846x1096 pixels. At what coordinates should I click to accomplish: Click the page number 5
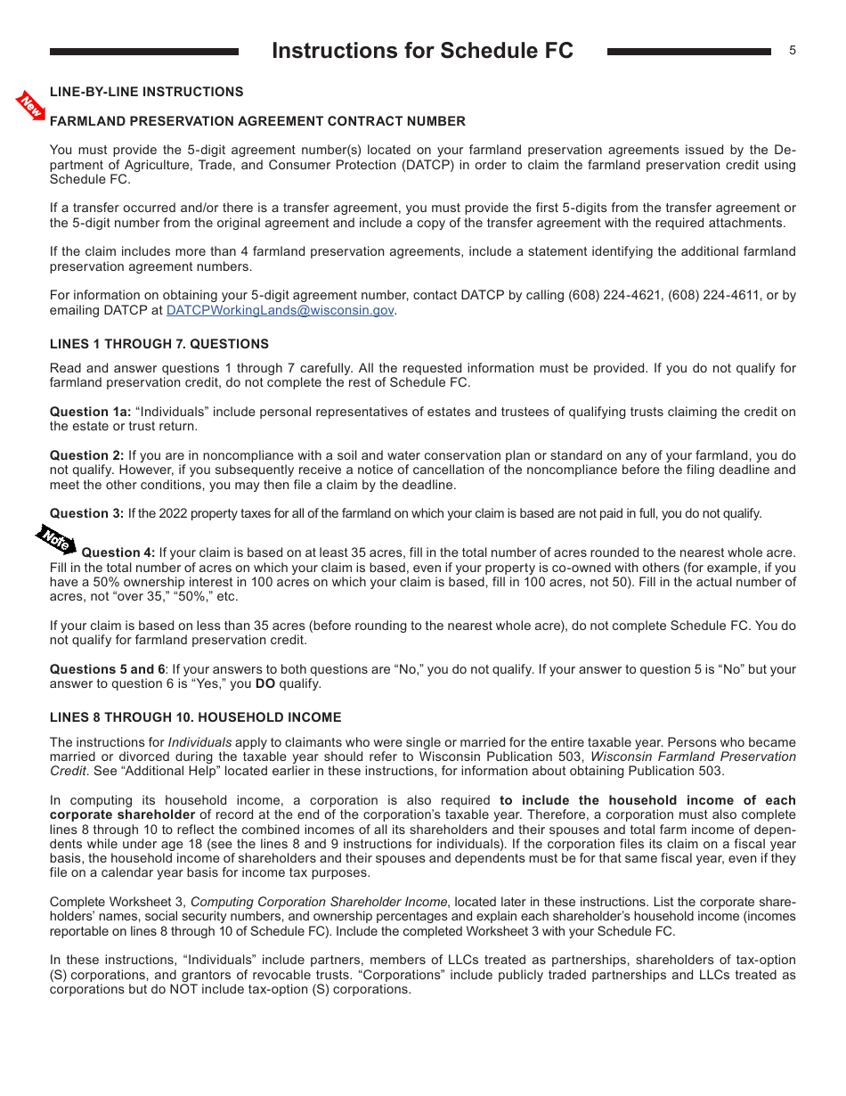coord(792,51)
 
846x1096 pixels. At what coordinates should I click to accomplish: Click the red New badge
coord(31,106)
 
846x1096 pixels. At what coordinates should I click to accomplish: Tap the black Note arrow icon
coord(55,540)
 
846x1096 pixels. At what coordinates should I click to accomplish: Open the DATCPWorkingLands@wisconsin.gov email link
coord(280,310)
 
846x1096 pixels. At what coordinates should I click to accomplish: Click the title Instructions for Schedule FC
coord(422,51)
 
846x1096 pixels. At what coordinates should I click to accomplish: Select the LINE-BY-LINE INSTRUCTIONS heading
coord(146,92)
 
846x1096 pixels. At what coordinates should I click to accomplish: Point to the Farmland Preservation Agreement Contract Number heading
coord(257,121)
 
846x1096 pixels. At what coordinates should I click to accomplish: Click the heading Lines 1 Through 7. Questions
coord(159,344)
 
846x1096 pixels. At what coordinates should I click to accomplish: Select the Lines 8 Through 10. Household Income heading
coord(195,717)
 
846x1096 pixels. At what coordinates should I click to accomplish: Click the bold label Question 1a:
coord(90,412)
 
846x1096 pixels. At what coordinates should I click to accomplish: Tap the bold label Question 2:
coord(86,455)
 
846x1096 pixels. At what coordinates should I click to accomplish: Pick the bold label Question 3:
coord(86,513)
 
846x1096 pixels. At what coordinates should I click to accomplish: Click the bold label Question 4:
coord(118,552)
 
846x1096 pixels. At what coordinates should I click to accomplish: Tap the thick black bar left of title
coord(144,52)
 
